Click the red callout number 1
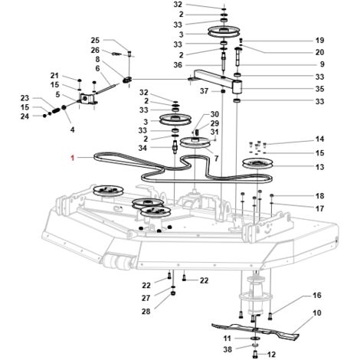click(73, 158)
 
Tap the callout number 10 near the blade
click(317, 313)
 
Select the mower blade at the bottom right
click(255, 330)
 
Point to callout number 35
click(319, 89)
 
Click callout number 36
click(178, 65)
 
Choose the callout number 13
click(319, 167)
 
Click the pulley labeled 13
click(258, 163)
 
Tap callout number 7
click(216, 159)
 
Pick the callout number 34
click(142, 148)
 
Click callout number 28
click(146, 312)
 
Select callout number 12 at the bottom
click(271, 355)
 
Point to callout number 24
click(25, 116)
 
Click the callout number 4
click(73, 129)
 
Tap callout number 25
click(95, 41)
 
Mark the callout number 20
click(319, 52)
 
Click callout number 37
click(204, 91)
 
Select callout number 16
click(317, 296)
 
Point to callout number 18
click(319, 196)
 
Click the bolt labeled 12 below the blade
click(255, 355)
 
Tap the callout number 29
click(214, 123)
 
